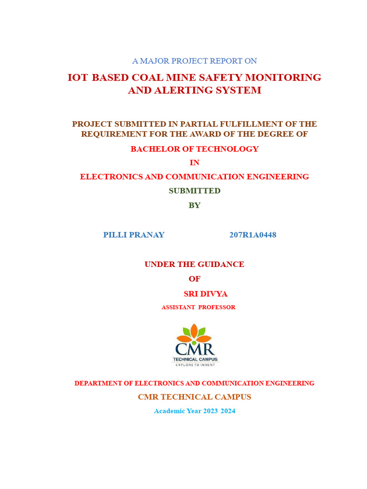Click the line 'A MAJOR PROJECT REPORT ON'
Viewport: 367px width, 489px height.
194,61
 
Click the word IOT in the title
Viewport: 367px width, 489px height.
78,77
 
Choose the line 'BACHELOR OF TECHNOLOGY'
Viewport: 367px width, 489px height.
194,149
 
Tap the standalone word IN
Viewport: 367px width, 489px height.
194,162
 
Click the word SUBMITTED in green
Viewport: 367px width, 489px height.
194,191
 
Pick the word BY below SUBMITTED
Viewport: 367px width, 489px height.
194,205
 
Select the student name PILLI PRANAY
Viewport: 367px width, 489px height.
134,234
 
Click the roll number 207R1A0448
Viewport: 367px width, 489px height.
253,234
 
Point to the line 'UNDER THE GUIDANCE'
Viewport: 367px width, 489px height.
194,264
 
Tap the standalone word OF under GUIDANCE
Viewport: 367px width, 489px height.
194,278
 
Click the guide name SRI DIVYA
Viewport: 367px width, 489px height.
205,294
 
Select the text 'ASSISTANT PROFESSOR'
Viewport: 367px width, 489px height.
198,307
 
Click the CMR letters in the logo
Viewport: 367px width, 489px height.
194,349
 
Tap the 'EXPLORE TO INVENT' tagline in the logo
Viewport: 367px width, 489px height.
194,364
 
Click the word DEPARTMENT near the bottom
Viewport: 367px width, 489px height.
98,383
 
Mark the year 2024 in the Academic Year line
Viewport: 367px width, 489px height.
228,411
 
